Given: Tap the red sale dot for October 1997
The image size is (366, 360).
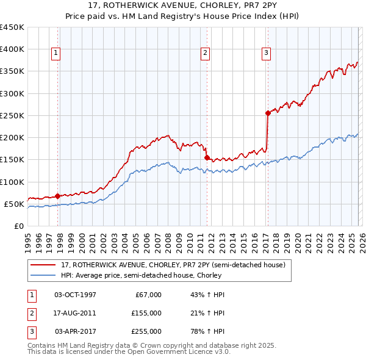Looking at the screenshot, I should tap(57, 196).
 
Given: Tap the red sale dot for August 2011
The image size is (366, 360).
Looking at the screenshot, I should tap(207, 157).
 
